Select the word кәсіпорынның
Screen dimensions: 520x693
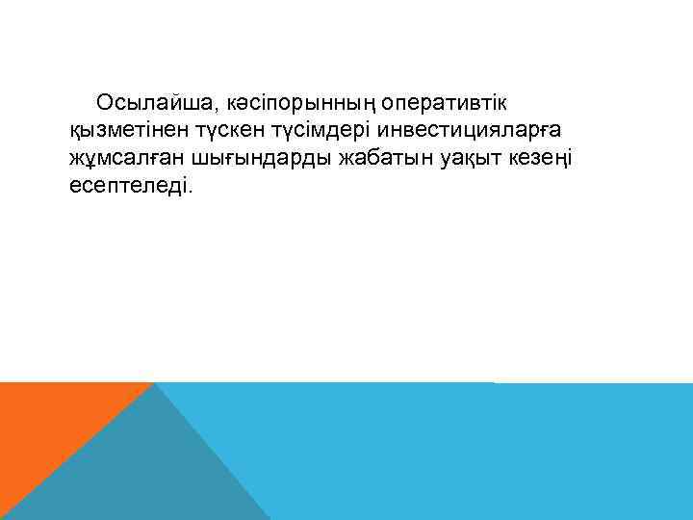point(301,102)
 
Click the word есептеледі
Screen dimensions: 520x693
point(130,185)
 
